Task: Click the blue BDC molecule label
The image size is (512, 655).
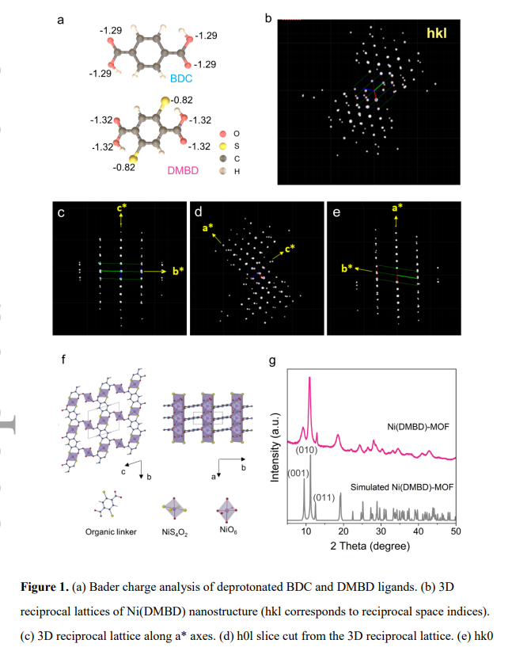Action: (x=181, y=79)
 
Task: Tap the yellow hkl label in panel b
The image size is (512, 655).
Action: (x=436, y=35)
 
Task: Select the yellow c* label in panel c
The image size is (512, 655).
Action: (x=120, y=209)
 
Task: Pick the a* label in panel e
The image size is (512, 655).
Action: (x=397, y=208)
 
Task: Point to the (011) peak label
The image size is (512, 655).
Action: (x=324, y=498)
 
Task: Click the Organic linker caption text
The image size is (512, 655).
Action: (x=111, y=531)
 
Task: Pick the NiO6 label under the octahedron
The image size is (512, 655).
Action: (x=229, y=531)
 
